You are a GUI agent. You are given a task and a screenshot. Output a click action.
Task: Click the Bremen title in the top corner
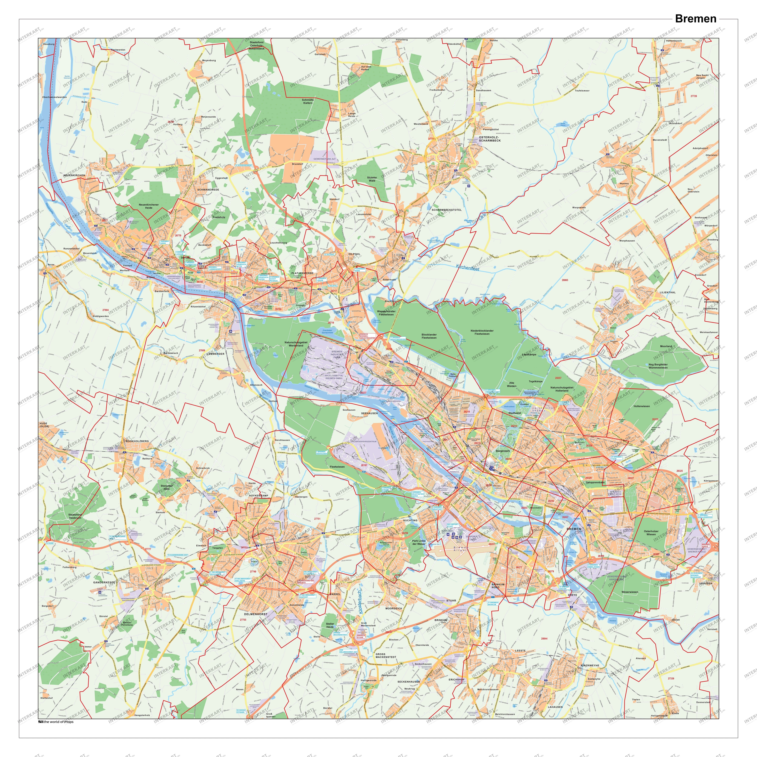coord(696,19)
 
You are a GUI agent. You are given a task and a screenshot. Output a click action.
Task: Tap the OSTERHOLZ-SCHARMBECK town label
coord(490,139)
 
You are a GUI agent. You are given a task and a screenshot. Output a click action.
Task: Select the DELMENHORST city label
coord(255,614)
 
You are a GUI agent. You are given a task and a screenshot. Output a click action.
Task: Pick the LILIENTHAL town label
coord(668,292)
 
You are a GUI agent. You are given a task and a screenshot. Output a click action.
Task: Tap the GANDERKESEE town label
coord(104,582)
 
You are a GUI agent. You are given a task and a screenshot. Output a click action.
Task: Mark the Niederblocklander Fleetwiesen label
coord(482,332)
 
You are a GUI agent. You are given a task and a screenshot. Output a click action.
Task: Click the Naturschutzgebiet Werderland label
coord(296,344)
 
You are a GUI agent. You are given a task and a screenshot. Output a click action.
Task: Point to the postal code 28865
coord(565,280)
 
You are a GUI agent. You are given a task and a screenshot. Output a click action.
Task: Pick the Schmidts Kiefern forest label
coord(308,101)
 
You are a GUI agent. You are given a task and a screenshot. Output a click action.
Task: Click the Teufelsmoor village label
coord(582,91)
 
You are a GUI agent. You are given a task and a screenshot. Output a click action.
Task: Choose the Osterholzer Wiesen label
coord(651,533)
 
